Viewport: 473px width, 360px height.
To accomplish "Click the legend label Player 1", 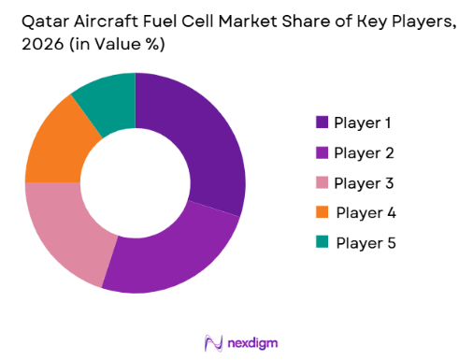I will coord(364,122).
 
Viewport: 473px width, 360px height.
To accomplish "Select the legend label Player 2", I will coord(365,151).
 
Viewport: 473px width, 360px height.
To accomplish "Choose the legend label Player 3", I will coord(365,181).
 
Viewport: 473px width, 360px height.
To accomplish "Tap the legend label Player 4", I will coord(365,212).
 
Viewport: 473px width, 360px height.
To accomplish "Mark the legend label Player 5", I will coord(365,242).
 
